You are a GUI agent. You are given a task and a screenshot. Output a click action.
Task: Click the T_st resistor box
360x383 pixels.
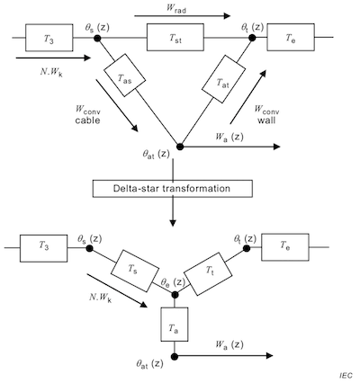[175, 37]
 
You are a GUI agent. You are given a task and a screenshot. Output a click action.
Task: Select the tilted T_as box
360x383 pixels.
[124, 76]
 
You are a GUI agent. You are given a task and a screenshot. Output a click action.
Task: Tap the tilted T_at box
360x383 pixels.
[223, 79]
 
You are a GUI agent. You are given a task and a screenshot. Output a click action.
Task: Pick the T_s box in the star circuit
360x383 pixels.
[135, 271]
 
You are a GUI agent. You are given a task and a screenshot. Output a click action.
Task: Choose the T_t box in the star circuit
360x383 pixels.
[208, 274]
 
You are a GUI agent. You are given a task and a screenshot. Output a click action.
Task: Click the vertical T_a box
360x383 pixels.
[175, 325]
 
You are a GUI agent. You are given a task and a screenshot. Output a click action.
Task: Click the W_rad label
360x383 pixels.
[176, 8]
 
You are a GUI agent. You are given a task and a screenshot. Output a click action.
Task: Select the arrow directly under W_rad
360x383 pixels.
[183, 15]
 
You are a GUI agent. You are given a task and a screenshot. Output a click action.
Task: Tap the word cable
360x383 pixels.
[87, 120]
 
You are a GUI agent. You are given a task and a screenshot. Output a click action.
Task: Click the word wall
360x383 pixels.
[266, 120]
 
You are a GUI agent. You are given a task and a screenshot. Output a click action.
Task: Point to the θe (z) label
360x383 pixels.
[173, 282]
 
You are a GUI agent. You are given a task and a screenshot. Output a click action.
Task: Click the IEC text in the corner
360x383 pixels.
[346, 376]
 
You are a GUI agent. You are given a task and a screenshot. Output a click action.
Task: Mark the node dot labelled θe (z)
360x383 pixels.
[175, 295]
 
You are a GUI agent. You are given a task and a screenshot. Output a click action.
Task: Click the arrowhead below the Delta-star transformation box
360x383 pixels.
[173, 223]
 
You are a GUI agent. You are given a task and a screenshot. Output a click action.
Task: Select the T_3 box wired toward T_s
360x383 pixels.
[43, 248]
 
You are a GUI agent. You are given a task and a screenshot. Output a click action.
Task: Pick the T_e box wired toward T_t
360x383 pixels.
[285, 246]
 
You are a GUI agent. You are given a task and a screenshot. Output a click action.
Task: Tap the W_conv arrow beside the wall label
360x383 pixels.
[248, 97]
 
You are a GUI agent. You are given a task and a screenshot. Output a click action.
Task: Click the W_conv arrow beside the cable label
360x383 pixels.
[117, 105]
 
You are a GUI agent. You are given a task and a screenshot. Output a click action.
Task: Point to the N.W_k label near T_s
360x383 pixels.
[101, 298]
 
